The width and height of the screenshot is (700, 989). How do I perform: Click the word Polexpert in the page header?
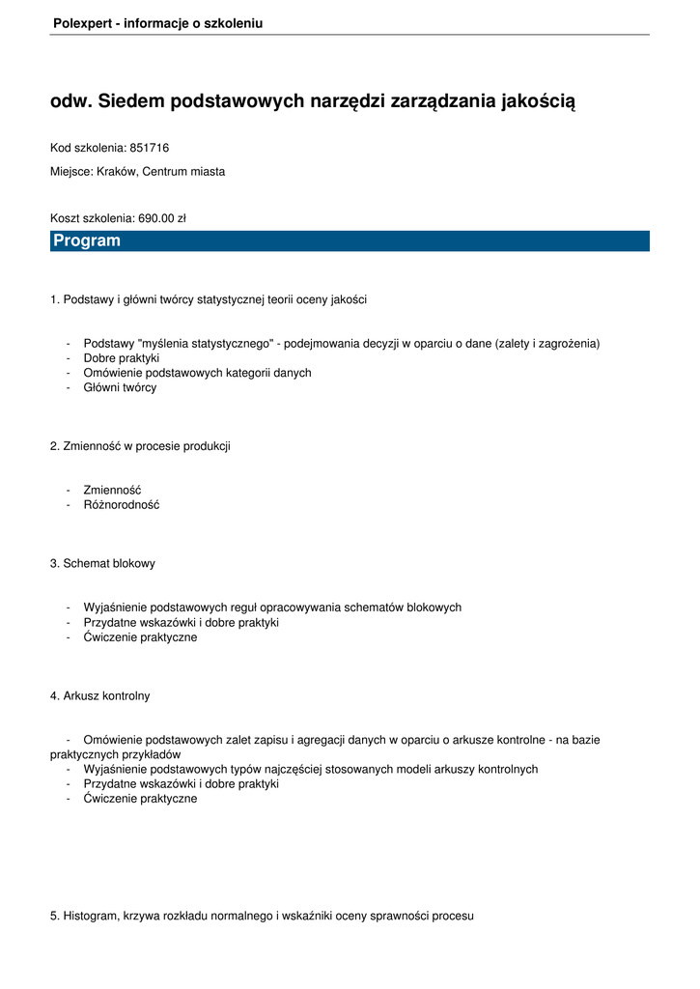coord(82,23)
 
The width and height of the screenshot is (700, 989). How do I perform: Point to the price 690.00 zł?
coord(162,218)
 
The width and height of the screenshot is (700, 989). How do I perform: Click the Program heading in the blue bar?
coord(87,240)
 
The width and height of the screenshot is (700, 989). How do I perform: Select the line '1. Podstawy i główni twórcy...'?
coord(209,299)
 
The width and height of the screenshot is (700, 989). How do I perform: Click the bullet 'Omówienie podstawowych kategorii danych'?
coord(197,373)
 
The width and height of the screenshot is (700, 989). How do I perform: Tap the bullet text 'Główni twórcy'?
coord(120,387)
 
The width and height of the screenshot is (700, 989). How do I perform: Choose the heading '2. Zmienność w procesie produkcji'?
coord(140,446)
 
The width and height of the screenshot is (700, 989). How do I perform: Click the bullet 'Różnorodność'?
coord(122,505)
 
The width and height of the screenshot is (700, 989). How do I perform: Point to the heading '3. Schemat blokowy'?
coord(102,563)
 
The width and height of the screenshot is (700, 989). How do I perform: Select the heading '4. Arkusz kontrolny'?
coord(100,695)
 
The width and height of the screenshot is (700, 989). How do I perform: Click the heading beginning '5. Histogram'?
coord(262,916)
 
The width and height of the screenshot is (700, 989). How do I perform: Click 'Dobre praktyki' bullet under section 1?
coord(122,358)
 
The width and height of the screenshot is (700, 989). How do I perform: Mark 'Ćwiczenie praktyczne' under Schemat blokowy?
coord(140,637)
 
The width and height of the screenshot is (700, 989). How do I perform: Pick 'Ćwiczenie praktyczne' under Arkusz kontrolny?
coord(140,799)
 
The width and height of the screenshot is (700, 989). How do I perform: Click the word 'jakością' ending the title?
coord(538,101)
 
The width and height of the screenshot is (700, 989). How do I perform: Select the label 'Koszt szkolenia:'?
coord(93,218)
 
